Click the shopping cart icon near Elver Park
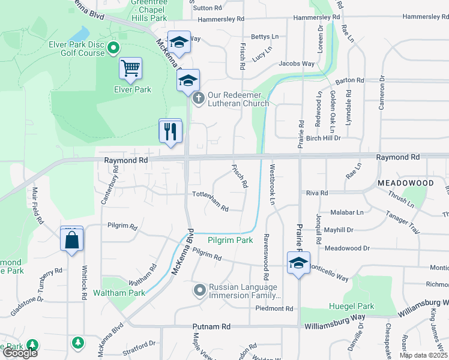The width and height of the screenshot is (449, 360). [x=130, y=68]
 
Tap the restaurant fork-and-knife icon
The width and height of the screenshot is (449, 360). [x=170, y=130]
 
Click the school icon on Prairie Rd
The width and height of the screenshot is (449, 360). [x=298, y=262]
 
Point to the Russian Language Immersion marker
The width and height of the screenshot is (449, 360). [x=200, y=290]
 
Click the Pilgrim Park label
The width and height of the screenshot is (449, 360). [x=230, y=240]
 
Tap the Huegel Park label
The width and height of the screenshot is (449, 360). [x=352, y=306]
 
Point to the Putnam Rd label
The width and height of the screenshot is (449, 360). [x=212, y=327]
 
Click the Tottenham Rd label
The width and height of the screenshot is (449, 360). [x=210, y=201]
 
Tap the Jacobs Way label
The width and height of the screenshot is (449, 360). [x=297, y=64]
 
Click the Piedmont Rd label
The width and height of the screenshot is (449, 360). [x=274, y=309]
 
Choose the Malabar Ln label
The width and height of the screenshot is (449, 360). [x=347, y=212]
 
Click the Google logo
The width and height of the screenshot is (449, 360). [x=20, y=353]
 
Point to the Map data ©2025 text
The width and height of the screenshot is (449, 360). [x=423, y=355]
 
